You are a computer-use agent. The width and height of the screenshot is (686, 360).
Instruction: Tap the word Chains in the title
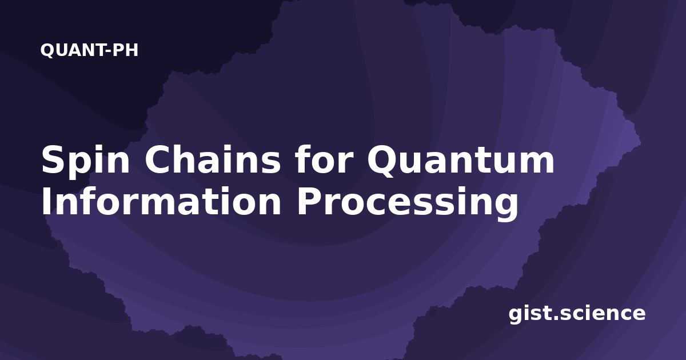pos(213,159)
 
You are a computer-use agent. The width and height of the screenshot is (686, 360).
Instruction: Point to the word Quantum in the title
pos(461,161)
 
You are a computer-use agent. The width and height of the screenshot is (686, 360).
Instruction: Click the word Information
pos(161,201)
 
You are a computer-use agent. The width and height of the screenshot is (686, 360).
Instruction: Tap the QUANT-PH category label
pos(89,50)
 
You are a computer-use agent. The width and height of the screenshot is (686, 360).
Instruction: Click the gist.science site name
pos(577,314)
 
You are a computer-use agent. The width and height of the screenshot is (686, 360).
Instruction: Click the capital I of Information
pos(46,201)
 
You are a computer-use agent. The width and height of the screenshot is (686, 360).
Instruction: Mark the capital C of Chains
pos(159,159)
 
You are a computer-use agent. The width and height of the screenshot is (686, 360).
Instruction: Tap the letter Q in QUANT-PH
pos(47,50)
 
